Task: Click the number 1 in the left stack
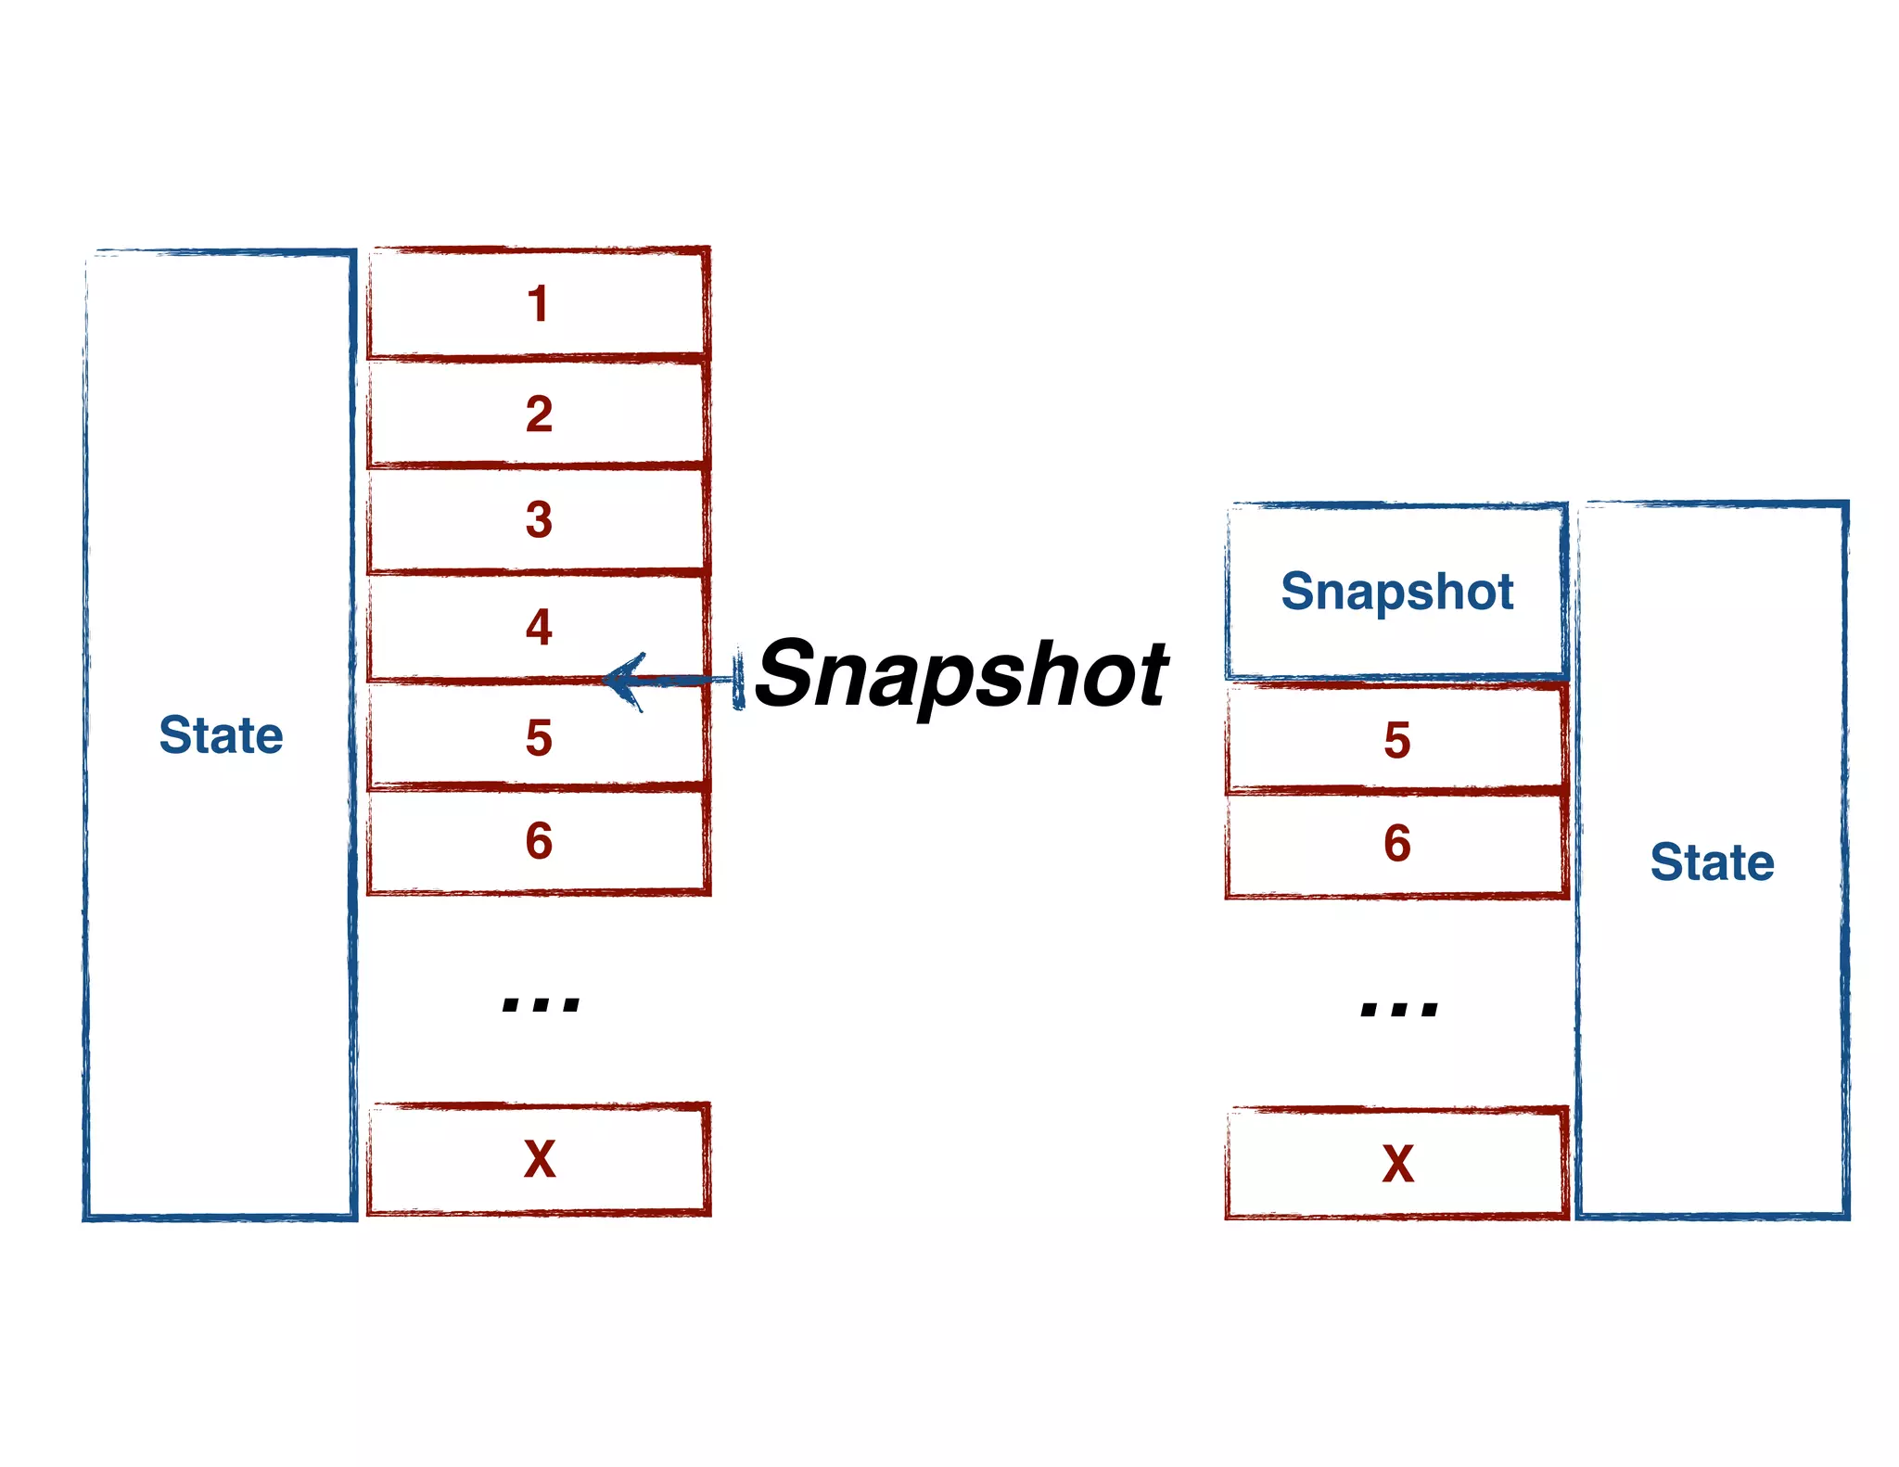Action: (x=538, y=304)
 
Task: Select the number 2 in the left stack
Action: (x=539, y=414)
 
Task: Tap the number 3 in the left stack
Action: (x=539, y=519)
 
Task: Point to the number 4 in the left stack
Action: (x=539, y=627)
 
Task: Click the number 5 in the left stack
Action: (x=539, y=738)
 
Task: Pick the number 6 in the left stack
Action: (x=539, y=841)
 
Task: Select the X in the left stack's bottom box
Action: (x=540, y=1159)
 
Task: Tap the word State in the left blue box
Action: (x=221, y=735)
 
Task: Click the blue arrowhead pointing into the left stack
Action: (x=623, y=681)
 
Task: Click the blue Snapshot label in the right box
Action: (x=1396, y=592)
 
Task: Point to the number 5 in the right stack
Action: (x=1397, y=741)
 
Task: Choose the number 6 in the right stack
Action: (x=1397, y=844)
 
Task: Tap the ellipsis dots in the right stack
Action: (x=1399, y=1008)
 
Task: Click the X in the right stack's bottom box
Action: (x=1398, y=1164)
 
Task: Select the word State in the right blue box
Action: (x=1712, y=862)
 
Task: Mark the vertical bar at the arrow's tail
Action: (x=739, y=681)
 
